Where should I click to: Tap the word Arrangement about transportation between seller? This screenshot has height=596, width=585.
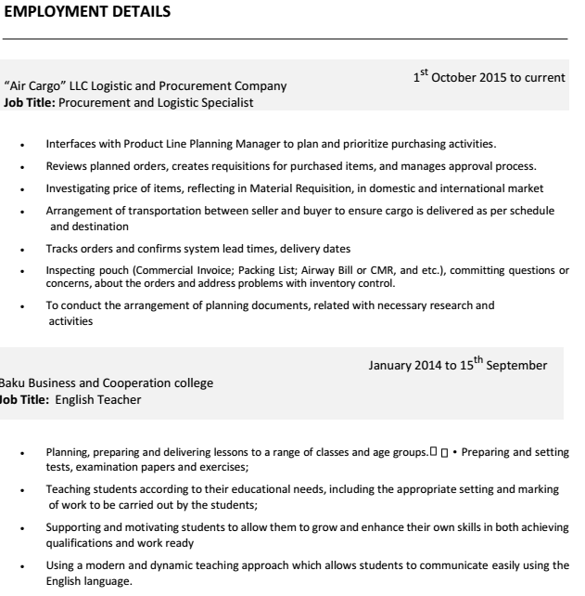click(79, 211)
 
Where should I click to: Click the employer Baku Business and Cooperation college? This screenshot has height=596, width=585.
click(107, 382)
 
